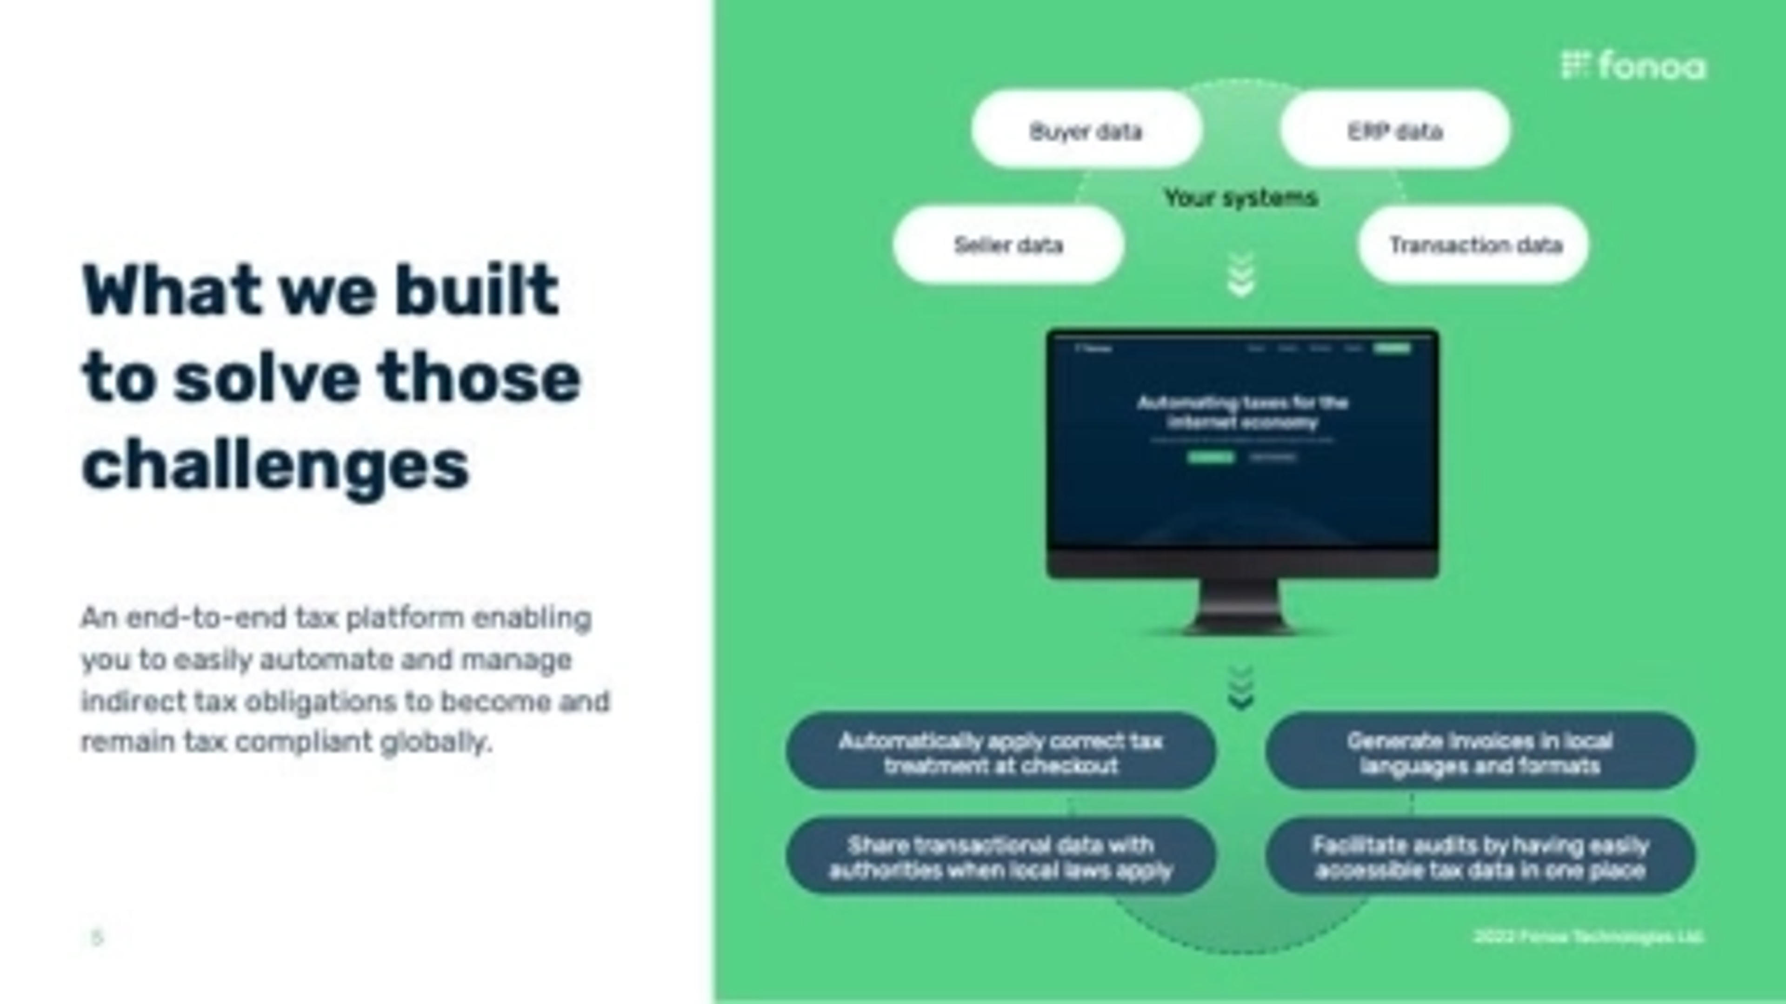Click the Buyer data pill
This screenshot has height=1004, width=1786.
[x=1086, y=130]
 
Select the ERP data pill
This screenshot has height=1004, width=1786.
[x=1394, y=130]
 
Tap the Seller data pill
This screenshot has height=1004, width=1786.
[x=1008, y=244]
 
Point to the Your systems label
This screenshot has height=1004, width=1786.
[x=1240, y=198]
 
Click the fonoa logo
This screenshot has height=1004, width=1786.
[x=1633, y=66]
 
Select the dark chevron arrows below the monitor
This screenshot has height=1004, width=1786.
[x=1240, y=688]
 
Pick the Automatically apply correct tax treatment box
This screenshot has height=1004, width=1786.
[x=1000, y=753]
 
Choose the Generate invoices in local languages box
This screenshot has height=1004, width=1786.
[x=1480, y=753]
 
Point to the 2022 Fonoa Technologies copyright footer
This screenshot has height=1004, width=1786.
[x=1588, y=937]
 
